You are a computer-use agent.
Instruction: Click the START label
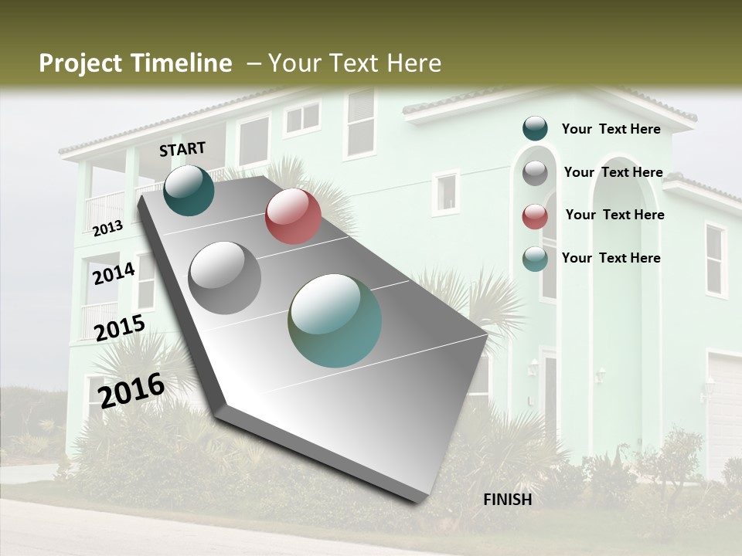click(x=182, y=149)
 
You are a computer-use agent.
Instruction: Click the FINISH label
click(x=507, y=500)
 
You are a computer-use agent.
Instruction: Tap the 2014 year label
click(x=114, y=273)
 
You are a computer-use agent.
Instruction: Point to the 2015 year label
click(x=120, y=328)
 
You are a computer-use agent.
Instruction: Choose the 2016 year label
click(x=131, y=389)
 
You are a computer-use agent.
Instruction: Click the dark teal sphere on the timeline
click(x=189, y=190)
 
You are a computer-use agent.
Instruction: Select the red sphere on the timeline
click(x=293, y=215)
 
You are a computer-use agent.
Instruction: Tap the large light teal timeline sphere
click(x=335, y=320)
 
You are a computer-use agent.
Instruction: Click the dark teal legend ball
click(x=535, y=128)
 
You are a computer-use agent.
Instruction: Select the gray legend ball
click(x=535, y=172)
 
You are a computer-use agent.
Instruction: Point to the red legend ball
click(x=535, y=215)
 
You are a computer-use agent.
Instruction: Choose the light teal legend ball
click(x=535, y=259)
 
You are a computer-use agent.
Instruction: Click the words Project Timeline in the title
click(x=135, y=63)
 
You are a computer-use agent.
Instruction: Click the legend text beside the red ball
click(x=614, y=215)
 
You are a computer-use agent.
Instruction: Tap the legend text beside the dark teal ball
click(x=611, y=129)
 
